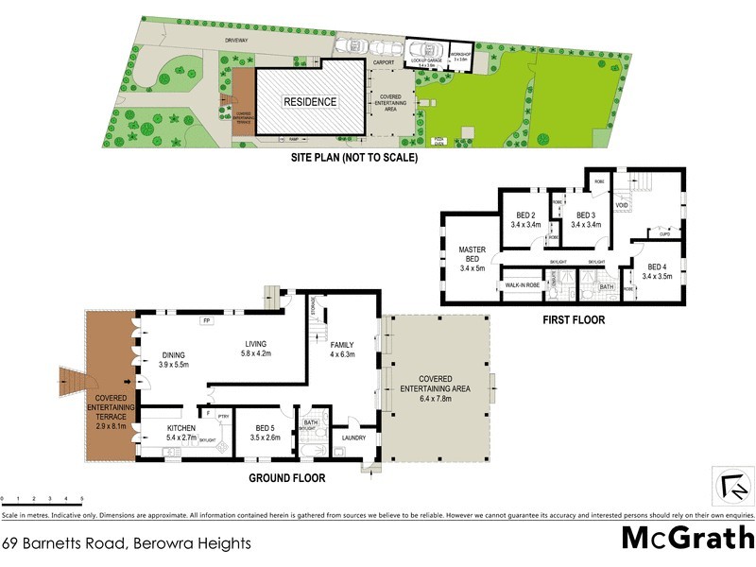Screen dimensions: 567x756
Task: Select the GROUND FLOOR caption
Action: click(x=286, y=478)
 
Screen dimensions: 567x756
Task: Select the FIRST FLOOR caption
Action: click(x=573, y=320)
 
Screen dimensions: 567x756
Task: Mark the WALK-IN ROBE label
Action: click(x=523, y=284)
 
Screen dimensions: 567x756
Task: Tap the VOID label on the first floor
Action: click(x=621, y=205)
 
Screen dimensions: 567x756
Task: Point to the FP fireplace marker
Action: click(x=205, y=321)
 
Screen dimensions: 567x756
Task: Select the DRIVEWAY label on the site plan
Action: click(x=237, y=40)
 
